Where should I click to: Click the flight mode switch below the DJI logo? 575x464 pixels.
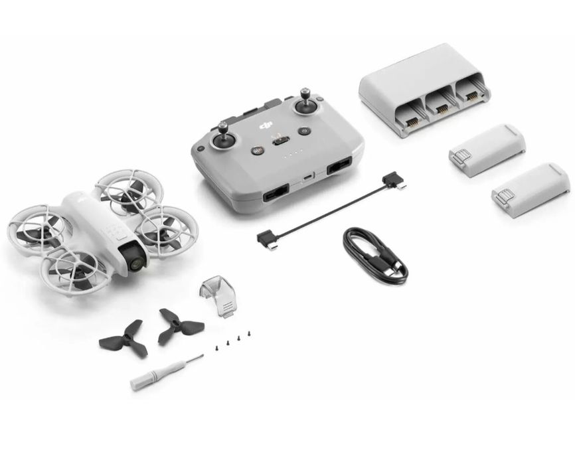point(280,141)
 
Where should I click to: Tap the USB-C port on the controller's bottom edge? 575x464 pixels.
point(307,177)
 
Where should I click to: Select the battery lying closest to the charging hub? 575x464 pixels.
point(486,150)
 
